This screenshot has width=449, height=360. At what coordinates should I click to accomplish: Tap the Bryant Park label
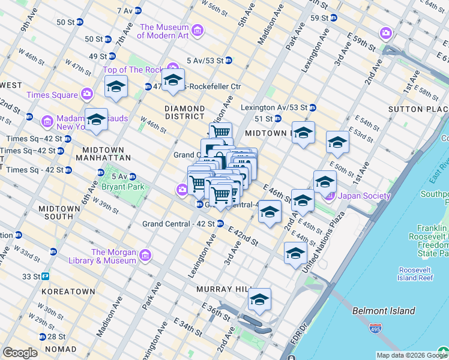(x=122, y=187)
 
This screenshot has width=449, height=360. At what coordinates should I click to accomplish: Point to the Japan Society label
(x=364, y=196)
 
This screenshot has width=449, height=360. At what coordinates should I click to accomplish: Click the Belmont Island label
(x=383, y=311)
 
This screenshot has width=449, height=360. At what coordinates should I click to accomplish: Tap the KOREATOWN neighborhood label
(x=68, y=292)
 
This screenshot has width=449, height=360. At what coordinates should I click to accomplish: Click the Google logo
(x=20, y=353)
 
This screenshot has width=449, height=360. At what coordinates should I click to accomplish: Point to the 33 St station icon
(x=45, y=277)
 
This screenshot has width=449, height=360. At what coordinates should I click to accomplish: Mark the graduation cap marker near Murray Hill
(x=259, y=301)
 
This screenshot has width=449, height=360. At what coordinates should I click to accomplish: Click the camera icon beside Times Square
(x=87, y=94)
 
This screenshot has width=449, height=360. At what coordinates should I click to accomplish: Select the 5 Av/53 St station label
(x=205, y=60)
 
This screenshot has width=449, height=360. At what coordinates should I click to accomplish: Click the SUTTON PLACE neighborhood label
(x=418, y=109)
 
